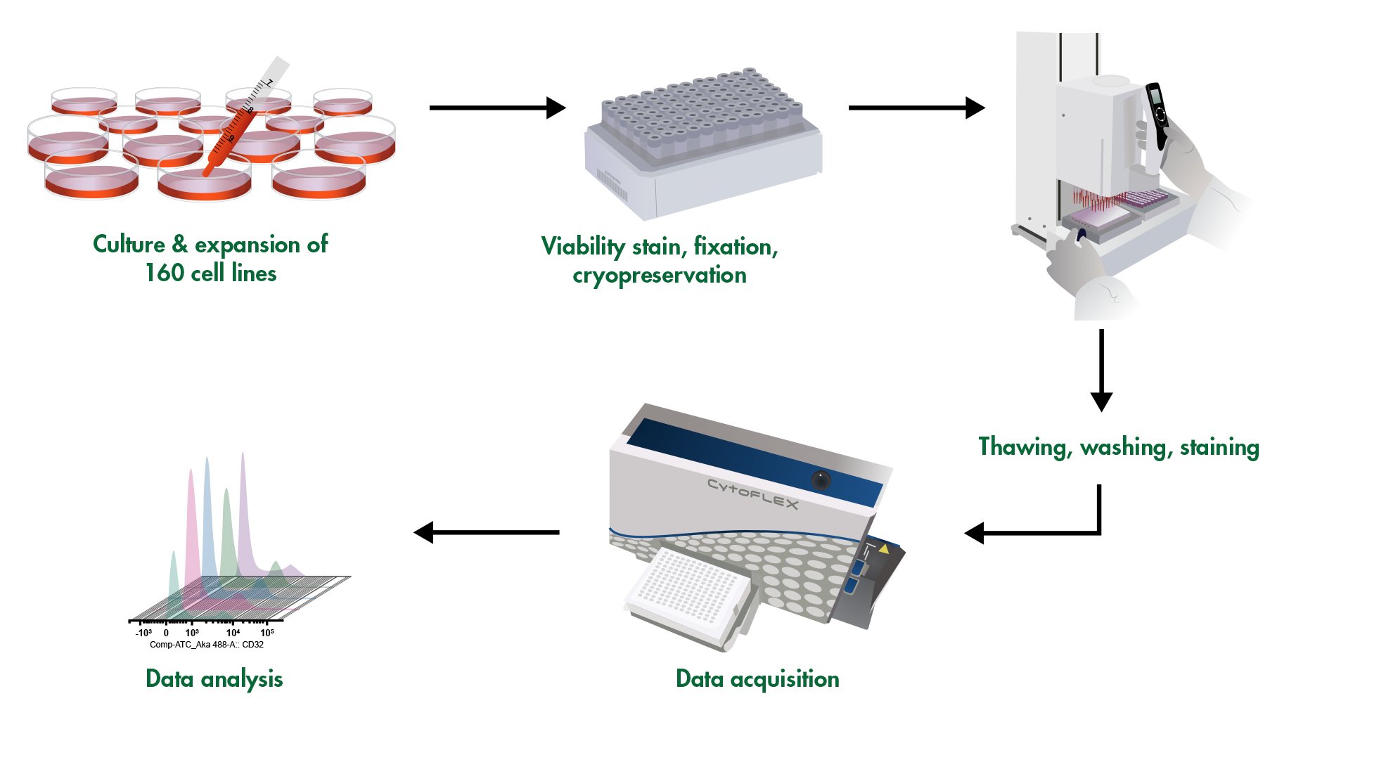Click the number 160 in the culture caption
tap(165, 273)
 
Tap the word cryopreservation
tap(659, 275)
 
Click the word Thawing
tap(1024, 447)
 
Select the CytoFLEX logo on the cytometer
tap(752, 494)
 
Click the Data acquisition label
tap(757, 679)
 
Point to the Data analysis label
tap(214, 679)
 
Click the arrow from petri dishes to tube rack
tap(496, 108)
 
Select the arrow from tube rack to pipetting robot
tap(916, 108)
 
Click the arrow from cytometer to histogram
tap(487, 532)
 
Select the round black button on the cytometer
tap(821, 480)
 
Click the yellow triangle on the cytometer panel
tap(884, 548)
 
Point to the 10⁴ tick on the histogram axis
tap(232, 633)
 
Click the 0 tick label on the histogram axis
tap(166, 633)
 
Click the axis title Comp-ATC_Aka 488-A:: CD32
tap(206, 645)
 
